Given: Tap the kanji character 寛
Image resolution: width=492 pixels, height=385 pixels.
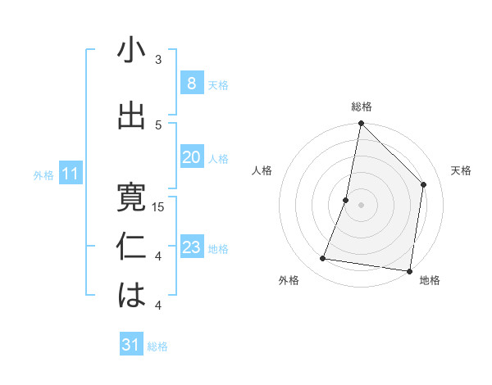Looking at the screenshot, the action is coord(131,198).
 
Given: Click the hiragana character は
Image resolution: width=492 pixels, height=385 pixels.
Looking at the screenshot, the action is coord(131,296).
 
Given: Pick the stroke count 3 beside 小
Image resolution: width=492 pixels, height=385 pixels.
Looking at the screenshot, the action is coord(158,60).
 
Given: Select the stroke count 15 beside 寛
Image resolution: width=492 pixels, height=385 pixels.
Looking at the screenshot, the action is coord(158,207).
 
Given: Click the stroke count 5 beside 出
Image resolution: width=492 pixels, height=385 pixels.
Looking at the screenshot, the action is coord(158,125).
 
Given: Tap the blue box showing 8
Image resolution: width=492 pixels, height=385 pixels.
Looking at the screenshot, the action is coord(191,83).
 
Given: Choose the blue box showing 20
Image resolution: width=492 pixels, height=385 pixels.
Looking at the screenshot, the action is coord(191,157).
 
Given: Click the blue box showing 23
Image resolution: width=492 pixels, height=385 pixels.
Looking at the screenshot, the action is coord(191,247).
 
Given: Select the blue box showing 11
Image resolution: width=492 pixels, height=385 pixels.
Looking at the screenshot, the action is coord(70,174).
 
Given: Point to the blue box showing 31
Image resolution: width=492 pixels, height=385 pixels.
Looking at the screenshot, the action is coord(131,345).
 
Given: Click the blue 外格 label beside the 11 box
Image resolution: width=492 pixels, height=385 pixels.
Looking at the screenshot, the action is coord(43,174).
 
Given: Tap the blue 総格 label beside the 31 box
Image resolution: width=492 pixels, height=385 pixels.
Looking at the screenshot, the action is coord(158,346).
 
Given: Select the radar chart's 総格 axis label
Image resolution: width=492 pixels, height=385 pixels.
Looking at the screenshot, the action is coord(361,107).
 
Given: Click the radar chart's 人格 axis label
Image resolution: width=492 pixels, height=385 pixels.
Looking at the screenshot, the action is coord(262,170).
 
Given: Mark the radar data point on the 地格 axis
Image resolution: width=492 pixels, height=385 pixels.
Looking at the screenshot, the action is coord(408,270).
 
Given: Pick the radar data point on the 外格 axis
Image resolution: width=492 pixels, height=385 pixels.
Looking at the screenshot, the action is coord(322,259).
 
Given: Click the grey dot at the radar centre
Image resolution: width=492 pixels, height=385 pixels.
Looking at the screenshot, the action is coord(361,205).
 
